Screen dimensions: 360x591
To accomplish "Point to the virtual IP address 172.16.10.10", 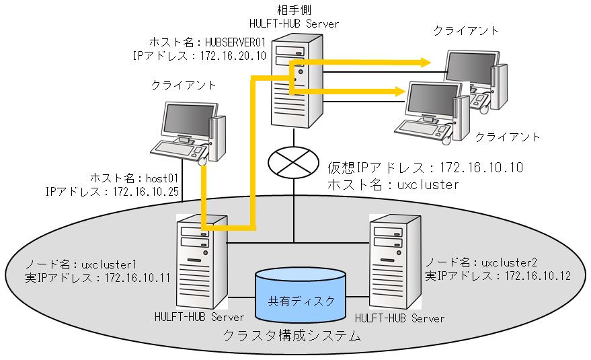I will (481, 167).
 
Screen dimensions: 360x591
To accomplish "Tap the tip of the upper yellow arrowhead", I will (431, 63).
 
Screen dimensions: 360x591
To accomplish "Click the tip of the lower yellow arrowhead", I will (406, 90).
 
